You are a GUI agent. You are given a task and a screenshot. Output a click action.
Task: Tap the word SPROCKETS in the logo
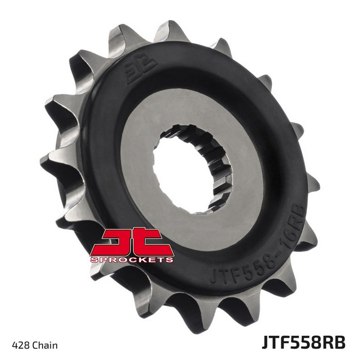tap(132, 260)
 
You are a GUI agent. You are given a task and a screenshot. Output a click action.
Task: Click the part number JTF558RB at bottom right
tap(304, 343)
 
